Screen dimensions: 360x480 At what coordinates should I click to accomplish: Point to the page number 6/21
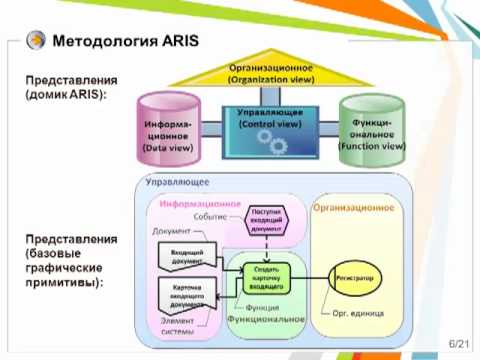(459, 343)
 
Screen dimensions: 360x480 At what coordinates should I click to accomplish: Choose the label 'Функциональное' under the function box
(266, 320)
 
